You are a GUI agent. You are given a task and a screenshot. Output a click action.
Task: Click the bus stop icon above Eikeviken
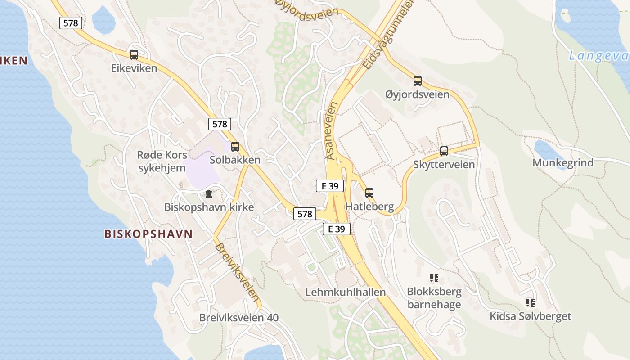tap(134, 55)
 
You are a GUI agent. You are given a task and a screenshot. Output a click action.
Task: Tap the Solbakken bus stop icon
tap(235, 147)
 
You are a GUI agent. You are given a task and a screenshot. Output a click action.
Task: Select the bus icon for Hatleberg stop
tap(369, 193)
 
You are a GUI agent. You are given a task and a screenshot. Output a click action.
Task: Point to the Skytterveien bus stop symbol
tap(444, 151)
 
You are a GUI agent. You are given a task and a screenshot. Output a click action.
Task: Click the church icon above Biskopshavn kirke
tap(208, 194)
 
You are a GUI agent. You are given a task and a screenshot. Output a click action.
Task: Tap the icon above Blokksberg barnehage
tap(434, 278)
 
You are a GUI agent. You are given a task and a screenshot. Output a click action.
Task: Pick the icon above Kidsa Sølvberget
tap(531, 303)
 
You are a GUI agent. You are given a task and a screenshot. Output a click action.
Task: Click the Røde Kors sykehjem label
tap(162, 162)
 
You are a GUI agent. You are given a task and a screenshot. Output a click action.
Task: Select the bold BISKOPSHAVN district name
tap(148, 234)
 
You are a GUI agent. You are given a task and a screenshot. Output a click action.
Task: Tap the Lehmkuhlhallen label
tap(346, 292)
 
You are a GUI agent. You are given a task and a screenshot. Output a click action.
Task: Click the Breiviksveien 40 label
tap(239, 318)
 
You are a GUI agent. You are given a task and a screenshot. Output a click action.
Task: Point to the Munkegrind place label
tap(563, 163)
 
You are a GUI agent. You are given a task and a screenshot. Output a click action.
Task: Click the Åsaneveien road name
tap(333, 131)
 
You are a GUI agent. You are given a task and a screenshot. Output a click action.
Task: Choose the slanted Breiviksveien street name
tap(237, 272)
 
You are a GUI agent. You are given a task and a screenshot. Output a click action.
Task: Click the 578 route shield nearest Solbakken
tap(220, 124)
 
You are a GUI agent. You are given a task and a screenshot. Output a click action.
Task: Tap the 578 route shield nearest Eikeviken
tap(71, 23)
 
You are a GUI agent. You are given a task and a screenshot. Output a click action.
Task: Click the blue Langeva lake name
tap(598, 56)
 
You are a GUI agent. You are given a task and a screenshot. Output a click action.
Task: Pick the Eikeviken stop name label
tap(134, 68)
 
